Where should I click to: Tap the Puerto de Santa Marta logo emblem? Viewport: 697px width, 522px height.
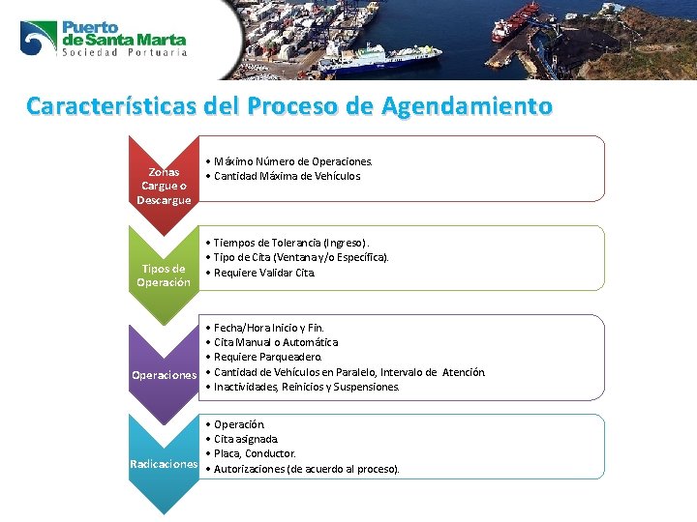(39, 38)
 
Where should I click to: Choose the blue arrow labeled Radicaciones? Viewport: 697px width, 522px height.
(164, 465)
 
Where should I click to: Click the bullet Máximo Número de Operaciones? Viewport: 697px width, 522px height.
(292, 161)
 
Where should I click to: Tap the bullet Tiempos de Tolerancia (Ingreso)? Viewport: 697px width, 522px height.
(291, 243)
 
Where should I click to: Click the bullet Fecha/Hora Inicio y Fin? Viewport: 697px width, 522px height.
(272, 328)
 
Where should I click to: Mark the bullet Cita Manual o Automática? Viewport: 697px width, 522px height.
(276, 342)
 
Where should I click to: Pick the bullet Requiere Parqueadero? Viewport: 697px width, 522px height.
(268, 357)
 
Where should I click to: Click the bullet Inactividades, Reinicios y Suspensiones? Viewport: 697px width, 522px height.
(306, 387)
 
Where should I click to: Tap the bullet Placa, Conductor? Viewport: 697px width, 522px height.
(255, 453)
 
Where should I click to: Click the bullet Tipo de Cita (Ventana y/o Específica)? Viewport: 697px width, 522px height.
(301, 257)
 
